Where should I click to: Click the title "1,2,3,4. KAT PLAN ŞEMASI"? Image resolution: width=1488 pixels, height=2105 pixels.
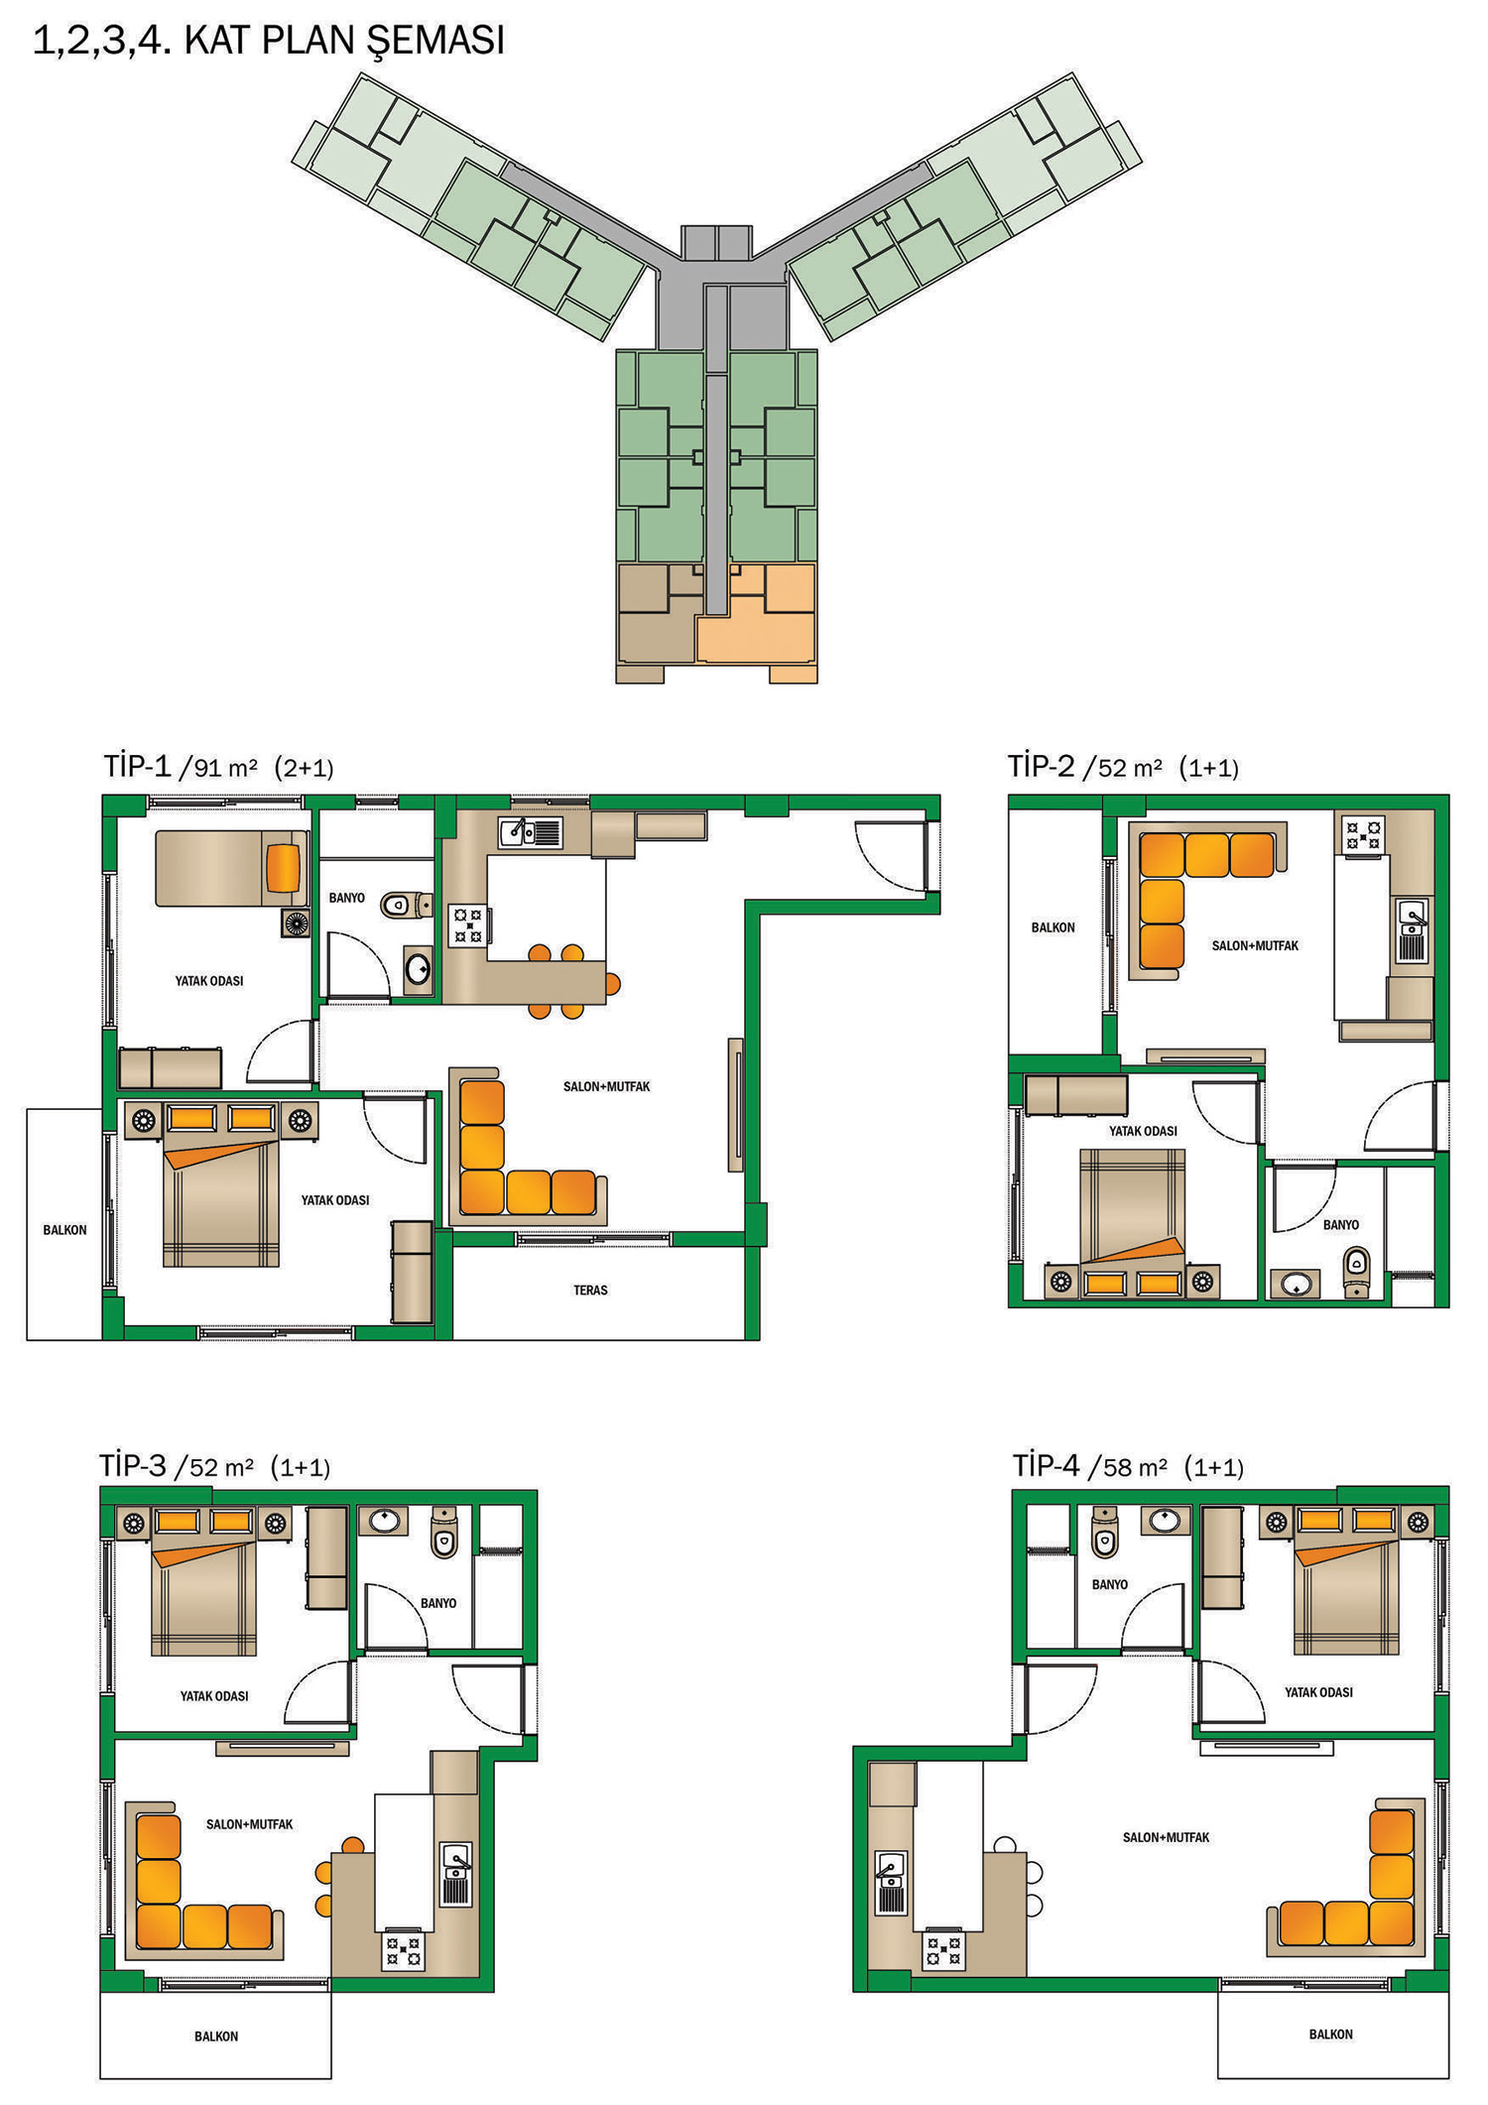[x=269, y=42]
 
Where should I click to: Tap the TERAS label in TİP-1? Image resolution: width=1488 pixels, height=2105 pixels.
[x=590, y=1290]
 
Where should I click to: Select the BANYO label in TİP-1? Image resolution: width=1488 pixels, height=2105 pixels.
[x=347, y=898]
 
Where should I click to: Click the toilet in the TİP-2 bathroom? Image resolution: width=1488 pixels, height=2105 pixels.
[x=1356, y=1272]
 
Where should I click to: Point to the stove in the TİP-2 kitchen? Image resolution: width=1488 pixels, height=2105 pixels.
[x=1363, y=833]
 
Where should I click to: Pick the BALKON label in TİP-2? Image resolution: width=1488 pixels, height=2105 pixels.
[x=1053, y=928]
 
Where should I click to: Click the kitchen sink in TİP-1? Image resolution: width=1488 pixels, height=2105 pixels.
[x=531, y=832]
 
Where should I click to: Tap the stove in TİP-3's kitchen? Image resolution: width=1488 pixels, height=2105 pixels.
[x=403, y=1951]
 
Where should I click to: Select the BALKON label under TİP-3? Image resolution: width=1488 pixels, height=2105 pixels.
[x=216, y=2036]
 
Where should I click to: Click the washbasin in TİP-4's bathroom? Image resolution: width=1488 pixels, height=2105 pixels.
[x=1166, y=1519]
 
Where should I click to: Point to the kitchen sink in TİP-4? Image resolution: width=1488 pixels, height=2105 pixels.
[x=891, y=1883]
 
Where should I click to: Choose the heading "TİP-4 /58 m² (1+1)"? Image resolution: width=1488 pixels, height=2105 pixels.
[x=1128, y=1466]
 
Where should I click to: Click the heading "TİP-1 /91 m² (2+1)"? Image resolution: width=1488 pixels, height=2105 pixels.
[x=218, y=767]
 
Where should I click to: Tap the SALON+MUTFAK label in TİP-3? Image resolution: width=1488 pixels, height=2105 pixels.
[x=250, y=1824]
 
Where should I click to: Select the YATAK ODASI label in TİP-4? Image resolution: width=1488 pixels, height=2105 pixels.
[x=1318, y=1692]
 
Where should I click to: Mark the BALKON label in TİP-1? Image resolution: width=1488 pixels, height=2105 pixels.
[x=64, y=1230]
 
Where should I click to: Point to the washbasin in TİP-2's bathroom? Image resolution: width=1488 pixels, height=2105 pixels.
[x=1296, y=1284]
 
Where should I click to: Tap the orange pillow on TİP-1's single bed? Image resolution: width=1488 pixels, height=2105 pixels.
[x=283, y=868]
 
